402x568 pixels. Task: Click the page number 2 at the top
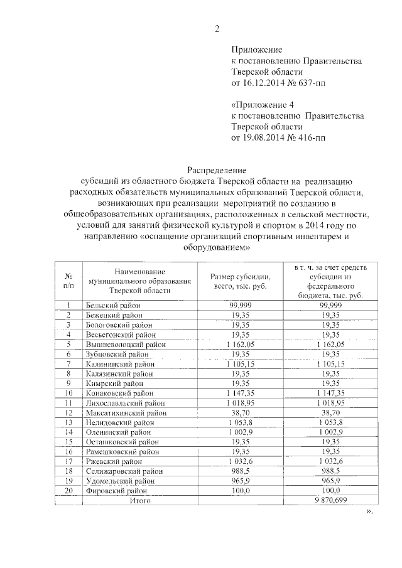click(x=217, y=28)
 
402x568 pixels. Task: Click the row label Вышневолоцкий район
click(x=126, y=344)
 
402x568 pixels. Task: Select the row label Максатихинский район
click(x=126, y=412)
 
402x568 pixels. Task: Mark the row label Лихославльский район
click(x=126, y=402)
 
